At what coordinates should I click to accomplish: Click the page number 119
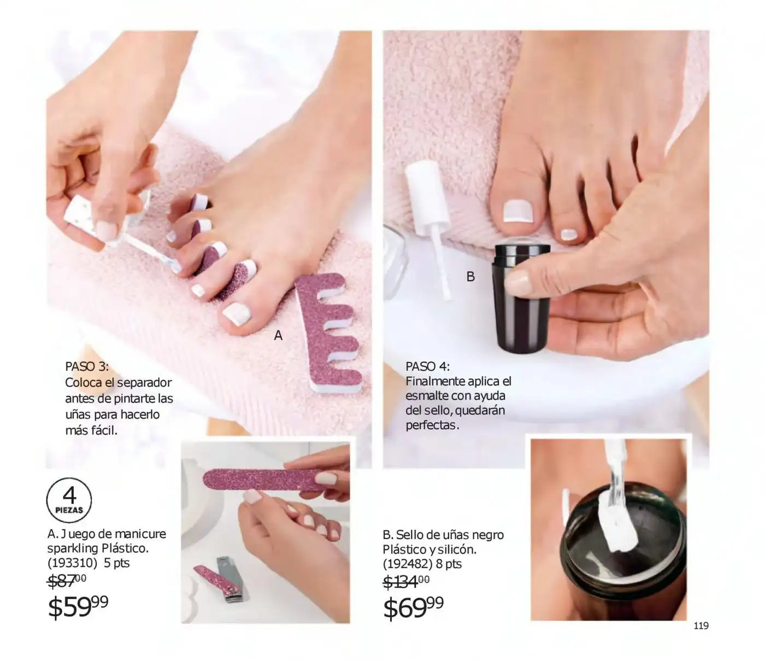tap(701, 626)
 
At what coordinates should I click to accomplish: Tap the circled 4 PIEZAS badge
tap(69, 500)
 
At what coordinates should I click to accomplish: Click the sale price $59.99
tap(78, 606)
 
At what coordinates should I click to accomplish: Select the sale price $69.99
tap(414, 608)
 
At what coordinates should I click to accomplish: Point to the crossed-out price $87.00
tap(67, 580)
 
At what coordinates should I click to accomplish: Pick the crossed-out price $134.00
tap(406, 581)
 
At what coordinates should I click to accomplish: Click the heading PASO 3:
tap(87, 366)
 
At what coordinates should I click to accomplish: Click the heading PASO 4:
tap(427, 366)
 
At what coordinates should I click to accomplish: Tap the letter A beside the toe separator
tap(278, 336)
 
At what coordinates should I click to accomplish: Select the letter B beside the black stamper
tap(470, 276)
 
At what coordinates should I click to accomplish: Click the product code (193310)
tap(72, 563)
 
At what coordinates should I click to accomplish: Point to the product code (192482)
tap(408, 564)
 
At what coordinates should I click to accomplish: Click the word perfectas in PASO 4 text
tap(432, 425)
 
